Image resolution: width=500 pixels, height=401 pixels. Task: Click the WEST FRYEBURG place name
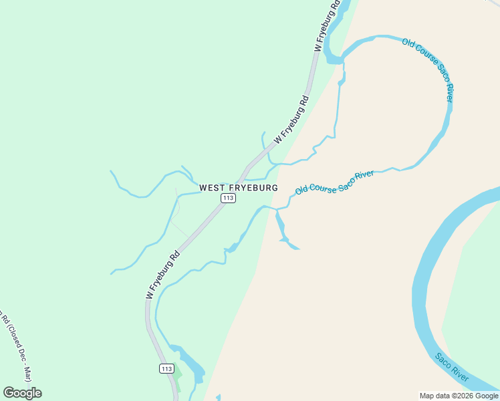[x=238, y=188]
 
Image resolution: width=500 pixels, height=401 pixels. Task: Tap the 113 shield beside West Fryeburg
[x=228, y=198]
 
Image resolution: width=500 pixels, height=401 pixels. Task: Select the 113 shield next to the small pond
[x=167, y=369]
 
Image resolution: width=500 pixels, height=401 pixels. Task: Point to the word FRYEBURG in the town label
[x=255, y=188]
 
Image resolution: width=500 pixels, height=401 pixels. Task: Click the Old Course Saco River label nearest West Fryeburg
[x=334, y=182]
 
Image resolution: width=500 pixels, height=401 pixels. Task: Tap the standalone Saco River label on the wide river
[x=453, y=368]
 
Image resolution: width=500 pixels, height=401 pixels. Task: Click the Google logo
[x=22, y=393]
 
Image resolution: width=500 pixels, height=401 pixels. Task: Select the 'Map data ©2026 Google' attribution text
[x=459, y=396]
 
